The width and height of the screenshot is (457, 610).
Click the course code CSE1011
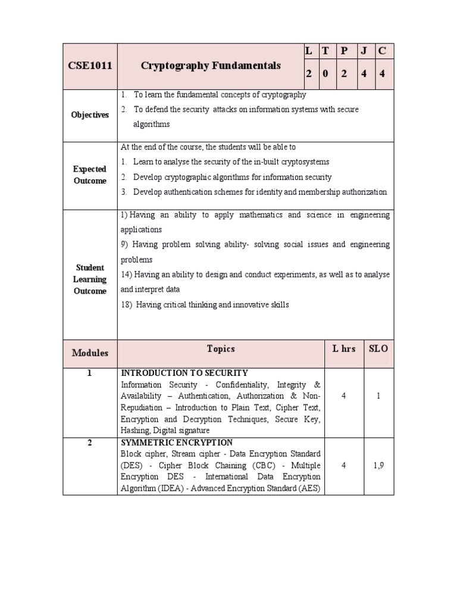(90, 66)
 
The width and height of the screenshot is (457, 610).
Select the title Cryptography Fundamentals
(211, 66)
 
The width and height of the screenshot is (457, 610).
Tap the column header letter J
(363, 51)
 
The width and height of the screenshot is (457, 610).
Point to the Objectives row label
(90, 115)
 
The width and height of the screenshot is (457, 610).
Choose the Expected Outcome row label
(90, 175)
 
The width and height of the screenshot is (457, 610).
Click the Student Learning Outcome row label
(90, 279)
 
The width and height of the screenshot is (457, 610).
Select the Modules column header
(90, 353)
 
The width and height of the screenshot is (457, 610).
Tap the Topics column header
(221, 348)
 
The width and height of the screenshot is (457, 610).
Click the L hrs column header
(344, 348)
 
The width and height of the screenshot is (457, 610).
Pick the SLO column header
(378, 348)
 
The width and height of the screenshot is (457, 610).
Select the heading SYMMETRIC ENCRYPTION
(177, 443)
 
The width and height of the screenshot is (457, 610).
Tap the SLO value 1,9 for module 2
(378, 466)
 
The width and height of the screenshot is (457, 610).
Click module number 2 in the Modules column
(90, 443)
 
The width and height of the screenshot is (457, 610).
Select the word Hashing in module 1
(135, 431)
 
